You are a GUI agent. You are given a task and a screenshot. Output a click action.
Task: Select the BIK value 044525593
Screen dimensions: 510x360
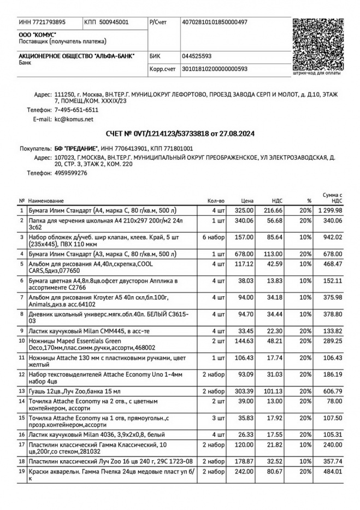(197, 56)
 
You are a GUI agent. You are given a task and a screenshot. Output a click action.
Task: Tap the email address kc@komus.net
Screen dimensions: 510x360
(74, 119)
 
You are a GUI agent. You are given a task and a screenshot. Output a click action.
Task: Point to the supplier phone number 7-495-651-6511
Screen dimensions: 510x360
(76, 110)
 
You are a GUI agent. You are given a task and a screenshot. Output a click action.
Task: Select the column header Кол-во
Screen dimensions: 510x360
(216, 201)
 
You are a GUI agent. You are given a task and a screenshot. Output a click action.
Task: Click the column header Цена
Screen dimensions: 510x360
(247, 201)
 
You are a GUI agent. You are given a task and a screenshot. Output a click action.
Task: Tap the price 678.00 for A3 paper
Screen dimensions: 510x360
(244, 254)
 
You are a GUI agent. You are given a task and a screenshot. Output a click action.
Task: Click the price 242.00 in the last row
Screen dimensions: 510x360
(244, 471)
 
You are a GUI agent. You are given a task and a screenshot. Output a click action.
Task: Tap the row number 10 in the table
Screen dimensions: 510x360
(22, 341)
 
